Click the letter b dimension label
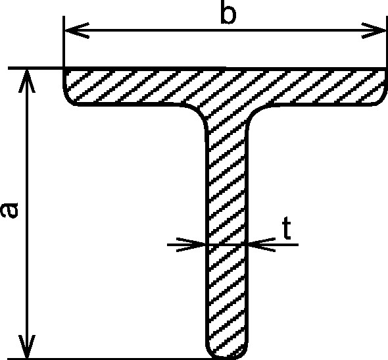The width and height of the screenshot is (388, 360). click(228, 13)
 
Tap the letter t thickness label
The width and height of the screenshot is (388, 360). click(287, 228)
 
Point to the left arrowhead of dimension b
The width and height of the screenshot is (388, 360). click(76, 30)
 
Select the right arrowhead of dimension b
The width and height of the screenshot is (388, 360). click(374, 31)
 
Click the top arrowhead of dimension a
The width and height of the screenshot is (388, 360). click(27, 81)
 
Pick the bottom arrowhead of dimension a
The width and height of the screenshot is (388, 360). click(27, 346)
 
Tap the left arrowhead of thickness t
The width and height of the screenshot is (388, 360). click(191, 245)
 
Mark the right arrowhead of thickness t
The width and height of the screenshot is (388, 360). click(261, 245)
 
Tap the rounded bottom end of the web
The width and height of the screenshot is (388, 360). click(227, 356)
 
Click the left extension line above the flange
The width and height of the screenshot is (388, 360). click(64, 41)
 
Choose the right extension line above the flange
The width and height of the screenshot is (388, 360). click(386, 42)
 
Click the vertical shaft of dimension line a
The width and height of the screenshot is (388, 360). click(27, 213)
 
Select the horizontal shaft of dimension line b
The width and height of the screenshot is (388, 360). click(225, 30)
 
